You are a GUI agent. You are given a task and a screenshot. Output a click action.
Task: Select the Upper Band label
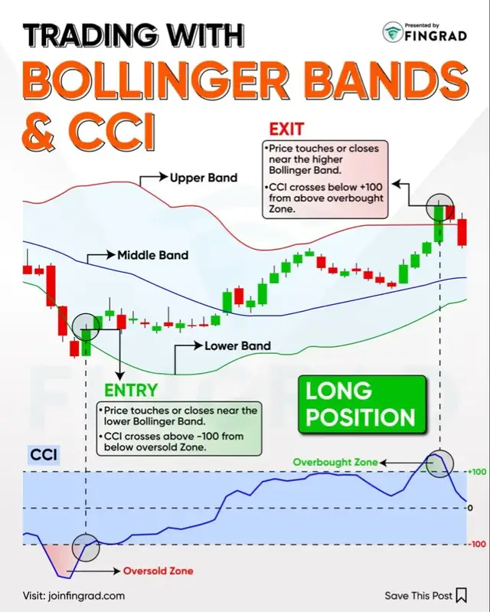(x=204, y=178)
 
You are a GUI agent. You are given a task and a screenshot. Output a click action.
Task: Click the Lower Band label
(x=237, y=346)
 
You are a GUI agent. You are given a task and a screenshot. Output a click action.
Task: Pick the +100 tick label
(x=476, y=472)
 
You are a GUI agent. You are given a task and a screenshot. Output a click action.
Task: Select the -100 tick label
(x=476, y=545)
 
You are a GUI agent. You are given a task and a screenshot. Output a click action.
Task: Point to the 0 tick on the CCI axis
(x=470, y=508)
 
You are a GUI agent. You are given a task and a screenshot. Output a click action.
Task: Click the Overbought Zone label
(x=335, y=462)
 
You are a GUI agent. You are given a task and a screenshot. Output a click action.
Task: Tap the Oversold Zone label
(x=158, y=571)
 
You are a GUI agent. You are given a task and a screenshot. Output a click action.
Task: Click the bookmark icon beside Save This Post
(x=461, y=595)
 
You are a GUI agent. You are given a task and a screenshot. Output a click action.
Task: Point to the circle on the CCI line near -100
(x=86, y=545)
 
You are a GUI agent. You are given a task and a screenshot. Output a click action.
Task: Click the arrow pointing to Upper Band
(x=152, y=178)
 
